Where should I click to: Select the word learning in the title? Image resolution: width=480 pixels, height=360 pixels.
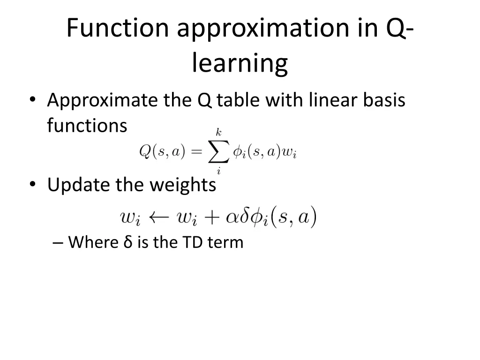(240, 64)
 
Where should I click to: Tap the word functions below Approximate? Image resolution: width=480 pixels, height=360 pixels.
(87, 126)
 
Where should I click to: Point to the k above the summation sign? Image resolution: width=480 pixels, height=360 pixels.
(218, 134)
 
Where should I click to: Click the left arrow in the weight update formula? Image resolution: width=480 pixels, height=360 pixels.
(161, 217)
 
